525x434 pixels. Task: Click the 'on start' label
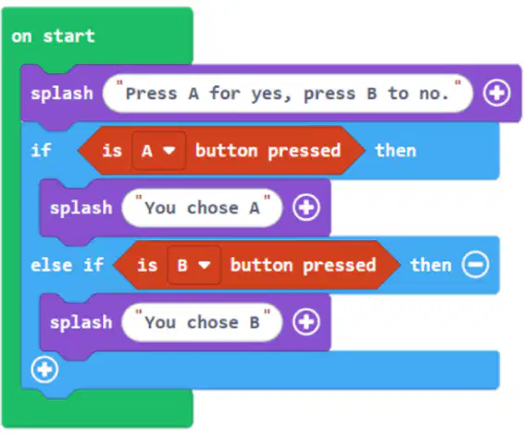click(x=53, y=36)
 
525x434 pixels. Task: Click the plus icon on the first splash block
click(x=496, y=93)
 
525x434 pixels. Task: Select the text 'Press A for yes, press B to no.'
click(x=287, y=94)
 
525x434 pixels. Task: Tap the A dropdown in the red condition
click(x=158, y=150)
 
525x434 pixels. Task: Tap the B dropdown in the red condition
click(x=194, y=265)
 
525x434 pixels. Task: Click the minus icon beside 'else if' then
click(x=475, y=264)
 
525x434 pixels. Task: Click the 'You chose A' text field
click(x=202, y=208)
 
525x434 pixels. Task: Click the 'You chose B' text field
click(x=202, y=323)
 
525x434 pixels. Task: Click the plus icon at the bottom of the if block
click(x=44, y=370)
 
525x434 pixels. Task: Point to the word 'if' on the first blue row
click(x=41, y=150)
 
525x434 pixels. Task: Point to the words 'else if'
click(x=67, y=265)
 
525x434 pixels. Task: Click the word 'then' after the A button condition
click(x=395, y=150)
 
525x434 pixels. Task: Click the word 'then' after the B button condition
click(x=431, y=265)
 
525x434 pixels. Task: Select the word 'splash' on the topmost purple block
click(x=62, y=94)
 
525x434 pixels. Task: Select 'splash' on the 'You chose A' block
click(x=81, y=208)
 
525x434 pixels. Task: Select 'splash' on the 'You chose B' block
click(x=81, y=323)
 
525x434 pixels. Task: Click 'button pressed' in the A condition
click(x=268, y=150)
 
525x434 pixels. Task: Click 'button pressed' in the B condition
click(x=304, y=265)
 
